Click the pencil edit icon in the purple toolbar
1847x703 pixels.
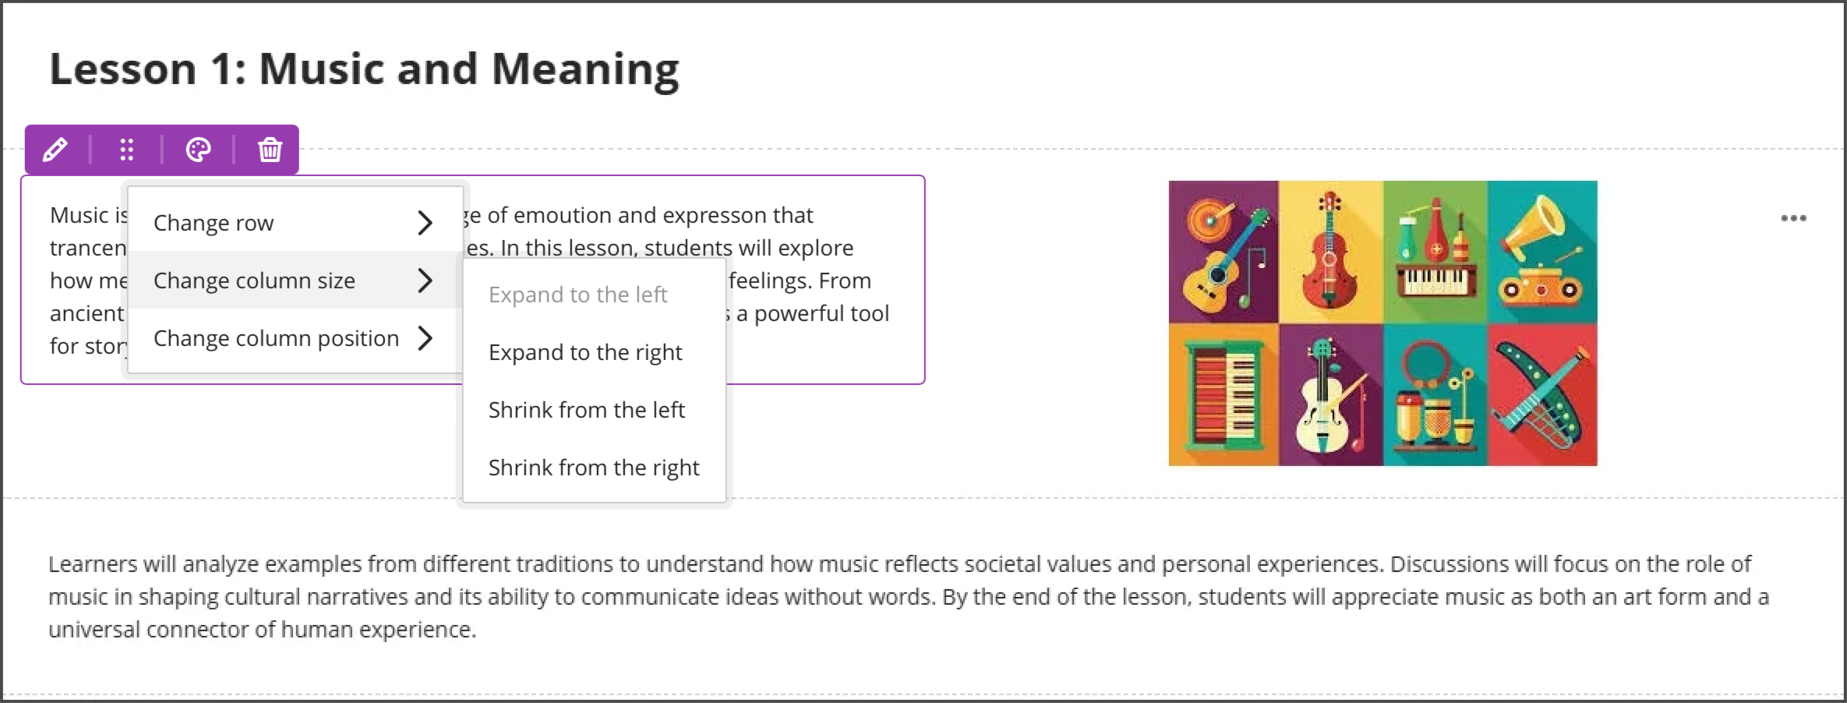pyautogui.click(x=55, y=149)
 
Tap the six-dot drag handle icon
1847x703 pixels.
pyautogui.click(x=126, y=149)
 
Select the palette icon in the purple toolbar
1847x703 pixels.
pyautogui.click(x=198, y=149)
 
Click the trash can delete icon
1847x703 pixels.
pyautogui.click(x=270, y=149)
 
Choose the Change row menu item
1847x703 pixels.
pyautogui.click(x=214, y=223)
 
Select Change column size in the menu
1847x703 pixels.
pyautogui.click(x=254, y=281)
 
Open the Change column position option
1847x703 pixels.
pyautogui.click(x=276, y=338)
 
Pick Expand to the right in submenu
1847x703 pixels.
pyautogui.click(x=585, y=352)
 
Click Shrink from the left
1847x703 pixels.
pyautogui.click(x=586, y=410)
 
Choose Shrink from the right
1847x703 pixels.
pyautogui.click(x=594, y=468)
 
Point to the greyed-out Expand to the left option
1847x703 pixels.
pyautogui.click(x=577, y=295)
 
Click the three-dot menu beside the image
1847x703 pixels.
pyautogui.click(x=1793, y=218)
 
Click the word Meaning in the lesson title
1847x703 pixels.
pyautogui.click(x=584, y=69)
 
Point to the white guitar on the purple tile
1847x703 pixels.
pyautogui.click(x=1321, y=405)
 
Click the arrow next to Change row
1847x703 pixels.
pyautogui.click(x=425, y=223)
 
